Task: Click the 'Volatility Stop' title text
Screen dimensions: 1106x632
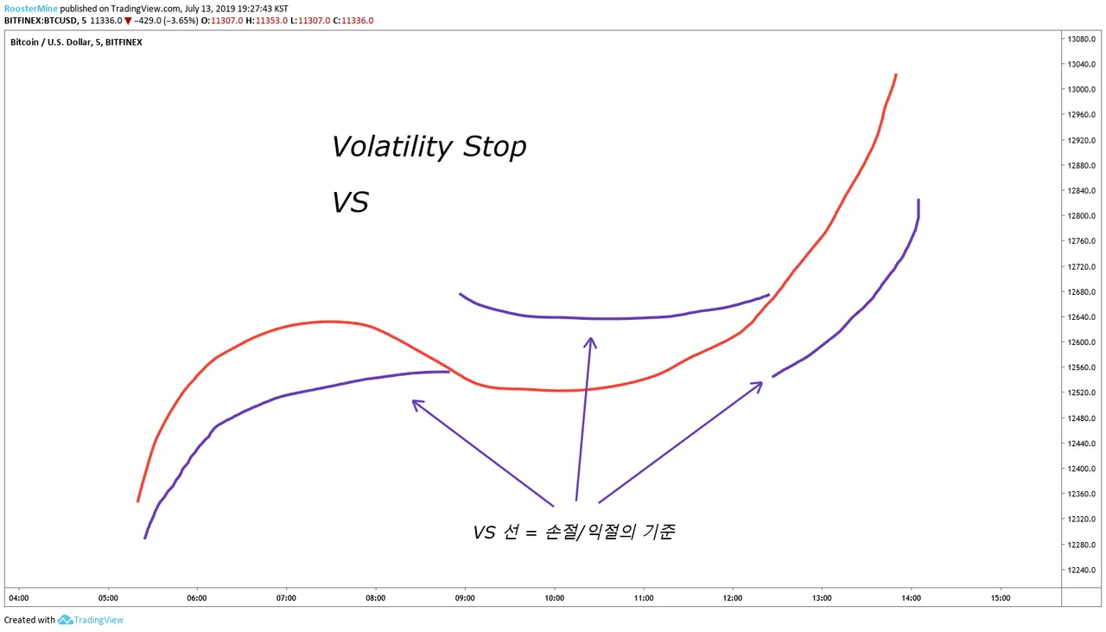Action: pos(429,147)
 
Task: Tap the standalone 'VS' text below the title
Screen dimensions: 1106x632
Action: pos(350,202)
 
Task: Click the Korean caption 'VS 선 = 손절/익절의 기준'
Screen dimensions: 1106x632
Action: pos(574,533)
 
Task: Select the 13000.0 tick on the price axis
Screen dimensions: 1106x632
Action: pos(1081,89)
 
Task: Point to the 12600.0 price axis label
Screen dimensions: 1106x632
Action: pos(1081,342)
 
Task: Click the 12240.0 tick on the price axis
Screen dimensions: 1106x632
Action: pos(1081,570)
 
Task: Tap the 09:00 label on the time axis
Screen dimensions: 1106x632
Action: pos(465,598)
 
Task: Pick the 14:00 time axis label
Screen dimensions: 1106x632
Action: pos(911,598)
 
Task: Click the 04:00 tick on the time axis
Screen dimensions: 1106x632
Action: pos(19,598)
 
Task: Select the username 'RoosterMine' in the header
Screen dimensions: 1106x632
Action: pos(30,9)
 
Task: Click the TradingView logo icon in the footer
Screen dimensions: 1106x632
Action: pos(65,620)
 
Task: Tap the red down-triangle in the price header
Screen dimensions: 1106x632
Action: pos(128,21)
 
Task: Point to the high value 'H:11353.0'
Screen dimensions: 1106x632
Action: pos(267,21)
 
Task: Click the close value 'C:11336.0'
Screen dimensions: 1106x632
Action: pos(353,21)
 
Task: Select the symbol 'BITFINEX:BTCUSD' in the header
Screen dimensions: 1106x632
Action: pos(41,21)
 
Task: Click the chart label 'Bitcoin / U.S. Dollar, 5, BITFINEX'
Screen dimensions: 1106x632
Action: pos(76,42)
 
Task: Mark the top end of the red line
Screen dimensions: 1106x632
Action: pos(896,74)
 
